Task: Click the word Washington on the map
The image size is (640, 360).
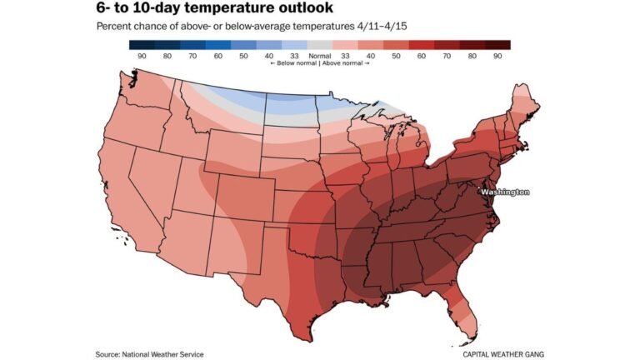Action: click(x=506, y=192)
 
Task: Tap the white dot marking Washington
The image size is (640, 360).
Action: click(x=479, y=192)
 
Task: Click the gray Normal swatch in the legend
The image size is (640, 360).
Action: click(x=320, y=45)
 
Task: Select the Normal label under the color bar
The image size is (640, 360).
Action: click(x=320, y=56)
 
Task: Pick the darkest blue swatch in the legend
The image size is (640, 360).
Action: click(x=142, y=45)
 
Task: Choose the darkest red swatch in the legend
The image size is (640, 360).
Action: click(x=498, y=45)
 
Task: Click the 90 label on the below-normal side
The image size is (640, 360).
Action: click(x=142, y=56)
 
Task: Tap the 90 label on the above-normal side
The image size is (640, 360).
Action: click(x=497, y=56)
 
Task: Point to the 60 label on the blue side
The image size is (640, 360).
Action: click(x=218, y=56)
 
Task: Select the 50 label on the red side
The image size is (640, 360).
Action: click(x=396, y=56)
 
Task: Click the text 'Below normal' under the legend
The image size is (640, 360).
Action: click(x=292, y=64)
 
